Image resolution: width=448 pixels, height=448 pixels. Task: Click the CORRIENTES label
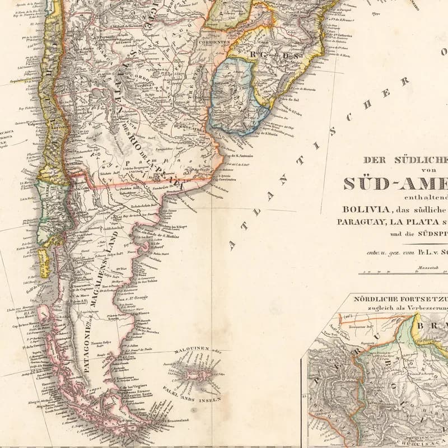(x=213, y=42)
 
